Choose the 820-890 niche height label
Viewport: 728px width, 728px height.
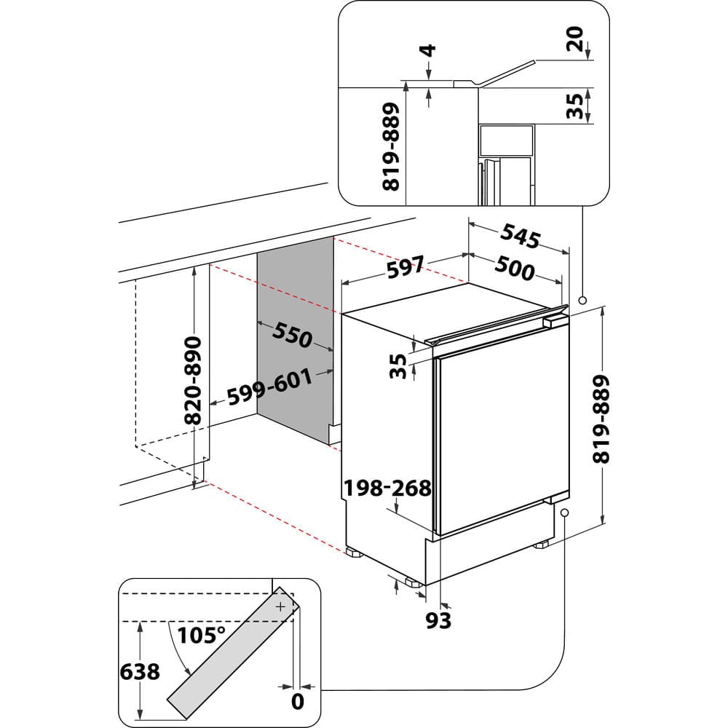point(193,380)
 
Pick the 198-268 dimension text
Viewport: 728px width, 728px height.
point(388,488)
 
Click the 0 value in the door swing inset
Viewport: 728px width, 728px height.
point(296,702)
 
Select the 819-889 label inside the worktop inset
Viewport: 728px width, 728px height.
point(391,146)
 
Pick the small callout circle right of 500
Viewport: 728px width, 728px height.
point(582,299)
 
